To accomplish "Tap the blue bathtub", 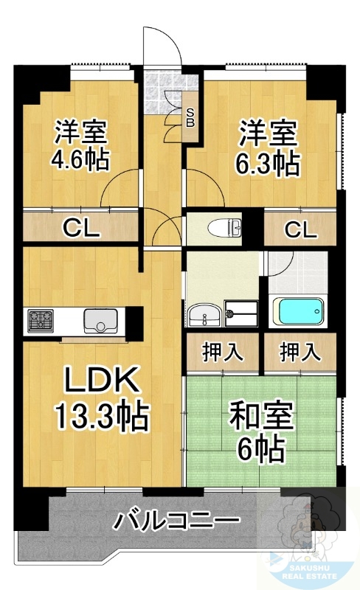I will pyautogui.click(x=300, y=310).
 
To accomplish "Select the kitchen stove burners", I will pyautogui.click(x=41, y=321).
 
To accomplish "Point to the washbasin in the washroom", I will pyautogui.click(x=201, y=315).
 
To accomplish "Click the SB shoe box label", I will pyautogui.click(x=190, y=117).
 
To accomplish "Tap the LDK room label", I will pyautogui.click(x=100, y=381).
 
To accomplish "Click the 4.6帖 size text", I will pyautogui.click(x=81, y=159).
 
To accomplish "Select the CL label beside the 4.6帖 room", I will pyautogui.click(x=81, y=229).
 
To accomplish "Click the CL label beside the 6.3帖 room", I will pyautogui.click(x=300, y=229).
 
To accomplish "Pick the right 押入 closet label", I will pyautogui.click(x=300, y=352).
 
